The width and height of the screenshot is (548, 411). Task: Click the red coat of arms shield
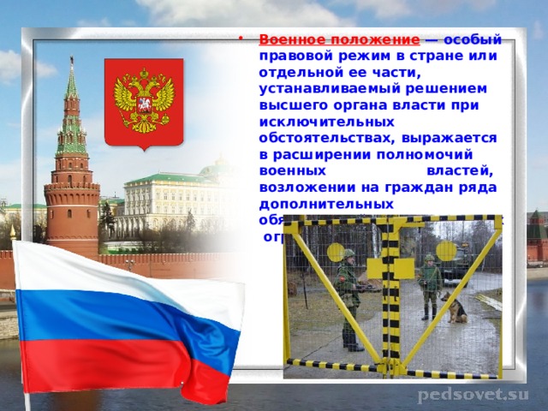tap(144, 101)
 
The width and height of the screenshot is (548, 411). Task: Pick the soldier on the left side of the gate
tap(348, 295)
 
